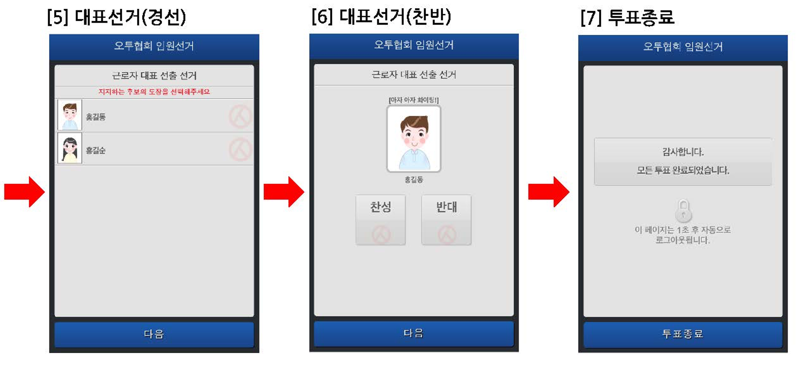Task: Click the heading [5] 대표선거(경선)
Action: (116, 17)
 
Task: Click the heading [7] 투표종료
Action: (627, 17)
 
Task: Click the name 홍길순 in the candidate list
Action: (96, 150)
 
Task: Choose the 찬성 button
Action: (380, 220)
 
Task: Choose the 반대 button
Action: (446, 220)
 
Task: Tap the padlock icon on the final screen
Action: (683, 210)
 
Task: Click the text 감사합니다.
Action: (683, 152)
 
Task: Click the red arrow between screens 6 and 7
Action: (549, 192)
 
